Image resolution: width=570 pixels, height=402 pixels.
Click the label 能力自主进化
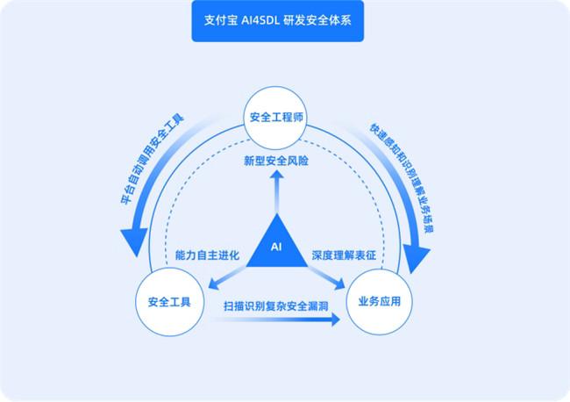click(x=208, y=255)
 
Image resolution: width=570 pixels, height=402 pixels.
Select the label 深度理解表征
click(x=345, y=255)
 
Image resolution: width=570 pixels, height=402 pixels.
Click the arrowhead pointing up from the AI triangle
click(x=277, y=176)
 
